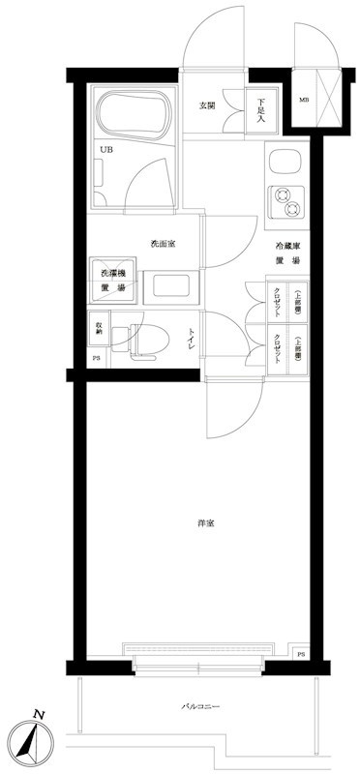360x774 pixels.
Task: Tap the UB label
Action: click(105, 150)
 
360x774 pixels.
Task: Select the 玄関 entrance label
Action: click(207, 105)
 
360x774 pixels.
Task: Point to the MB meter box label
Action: click(303, 99)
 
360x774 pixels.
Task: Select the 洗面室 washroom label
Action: click(162, 243)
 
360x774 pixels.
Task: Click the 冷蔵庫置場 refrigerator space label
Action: click(286, 253)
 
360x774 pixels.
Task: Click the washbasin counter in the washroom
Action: click(170, 288)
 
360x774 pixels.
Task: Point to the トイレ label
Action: click(193, 339)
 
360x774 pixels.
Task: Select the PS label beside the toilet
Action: click(96, 358)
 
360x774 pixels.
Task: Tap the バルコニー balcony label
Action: click(200, 708)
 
